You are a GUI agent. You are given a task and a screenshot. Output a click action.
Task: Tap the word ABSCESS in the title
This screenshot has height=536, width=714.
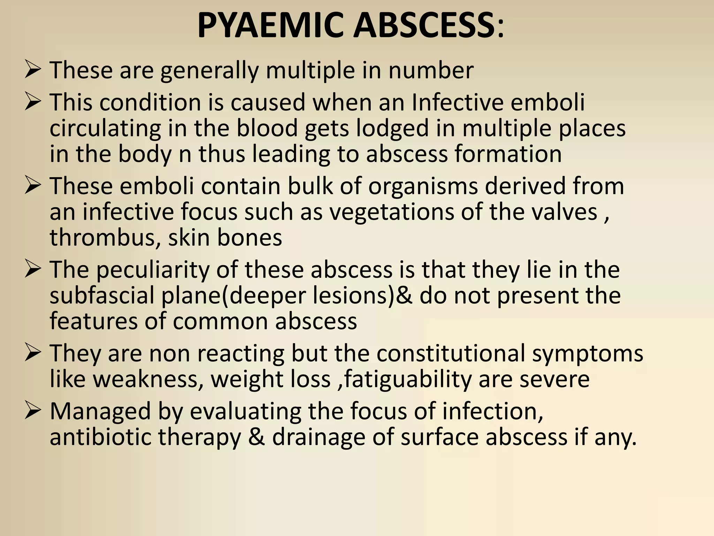(424, 26)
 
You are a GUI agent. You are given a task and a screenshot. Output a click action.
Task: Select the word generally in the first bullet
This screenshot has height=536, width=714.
(209, 71)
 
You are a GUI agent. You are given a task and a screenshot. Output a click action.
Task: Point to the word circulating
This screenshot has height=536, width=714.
(105, 128)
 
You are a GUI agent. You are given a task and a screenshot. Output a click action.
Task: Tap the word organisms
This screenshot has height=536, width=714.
(423, 186)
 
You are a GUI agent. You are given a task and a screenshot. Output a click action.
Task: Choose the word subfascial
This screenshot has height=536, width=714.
(102, 296)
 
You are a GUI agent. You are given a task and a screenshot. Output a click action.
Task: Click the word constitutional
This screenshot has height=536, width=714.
(450, 353)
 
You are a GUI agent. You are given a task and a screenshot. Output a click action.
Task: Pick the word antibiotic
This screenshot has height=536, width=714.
(101, 437)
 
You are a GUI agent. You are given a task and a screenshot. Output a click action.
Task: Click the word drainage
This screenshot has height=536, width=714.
(319, 438)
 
